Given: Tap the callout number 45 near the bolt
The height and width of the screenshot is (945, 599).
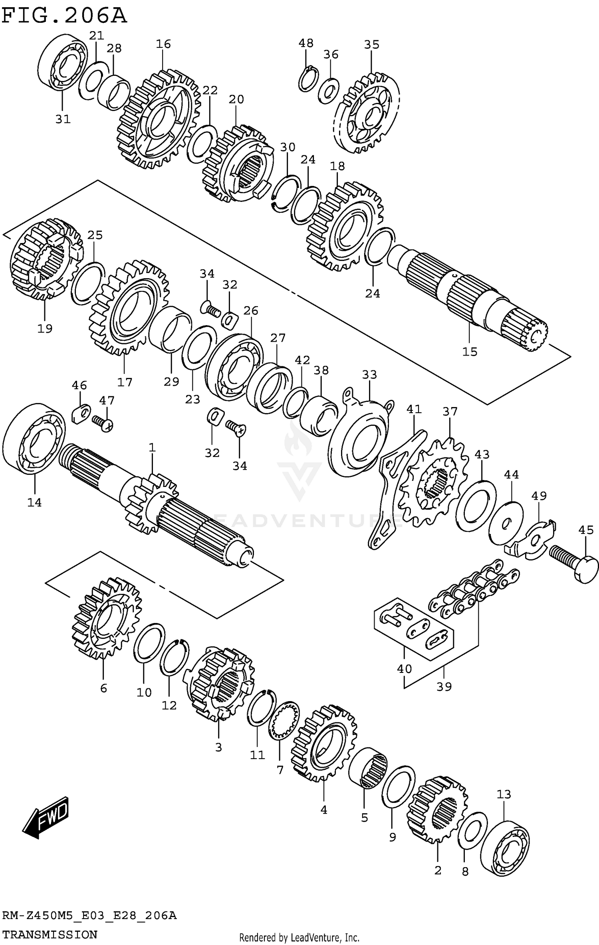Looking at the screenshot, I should pyautogui.click(x=586, y=530).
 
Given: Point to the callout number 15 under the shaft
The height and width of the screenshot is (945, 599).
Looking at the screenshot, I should pyautogui.click(x=470, y=352).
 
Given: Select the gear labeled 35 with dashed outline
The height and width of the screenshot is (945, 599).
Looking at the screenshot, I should pyautogui.click(x=367, y=113).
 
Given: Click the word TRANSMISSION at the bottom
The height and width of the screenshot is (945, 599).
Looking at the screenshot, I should pyautogui.click(x=50, y=934).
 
